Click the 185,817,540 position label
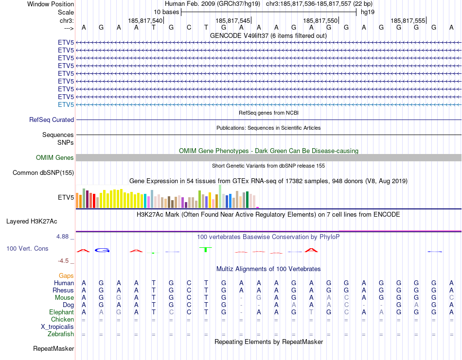tap(145, 20)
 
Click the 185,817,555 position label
tap(408, 20)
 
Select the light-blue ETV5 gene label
tap(66, 104)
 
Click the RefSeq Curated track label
tap(52, 120)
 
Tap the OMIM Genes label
tap(55, 157)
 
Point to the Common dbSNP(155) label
tap(43, 172)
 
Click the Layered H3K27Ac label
tap(32, 221)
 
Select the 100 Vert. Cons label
tap(27, 248)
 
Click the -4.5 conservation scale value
tap(64, 260)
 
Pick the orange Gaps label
tap(66, 275)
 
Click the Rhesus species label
tap(63, 290)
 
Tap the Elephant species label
tap(61, 312)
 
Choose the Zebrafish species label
tap(61, 334)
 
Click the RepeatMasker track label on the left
tap(53, 348)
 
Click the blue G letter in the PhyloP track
tap(102, 250)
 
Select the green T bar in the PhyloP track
tap(206, 249)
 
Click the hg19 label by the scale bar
tap(368, 12)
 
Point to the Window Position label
tap(51, 4)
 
